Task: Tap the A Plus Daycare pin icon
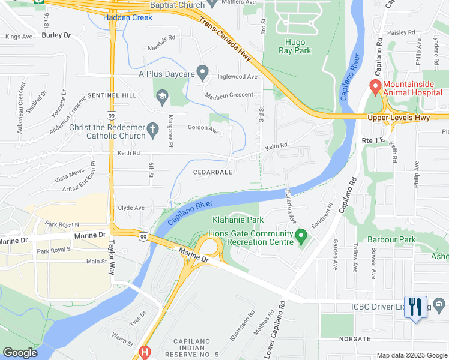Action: pyautogui.click(x=203, y=73)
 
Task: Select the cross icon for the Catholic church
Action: pyautogui.click(x=152, y=129)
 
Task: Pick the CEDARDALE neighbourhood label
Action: pyautogui.click(x=212, y=172)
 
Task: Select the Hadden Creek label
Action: pyautogui.click(x=128, y=17)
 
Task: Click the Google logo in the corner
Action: pyautogui.click(x=20, y=353)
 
